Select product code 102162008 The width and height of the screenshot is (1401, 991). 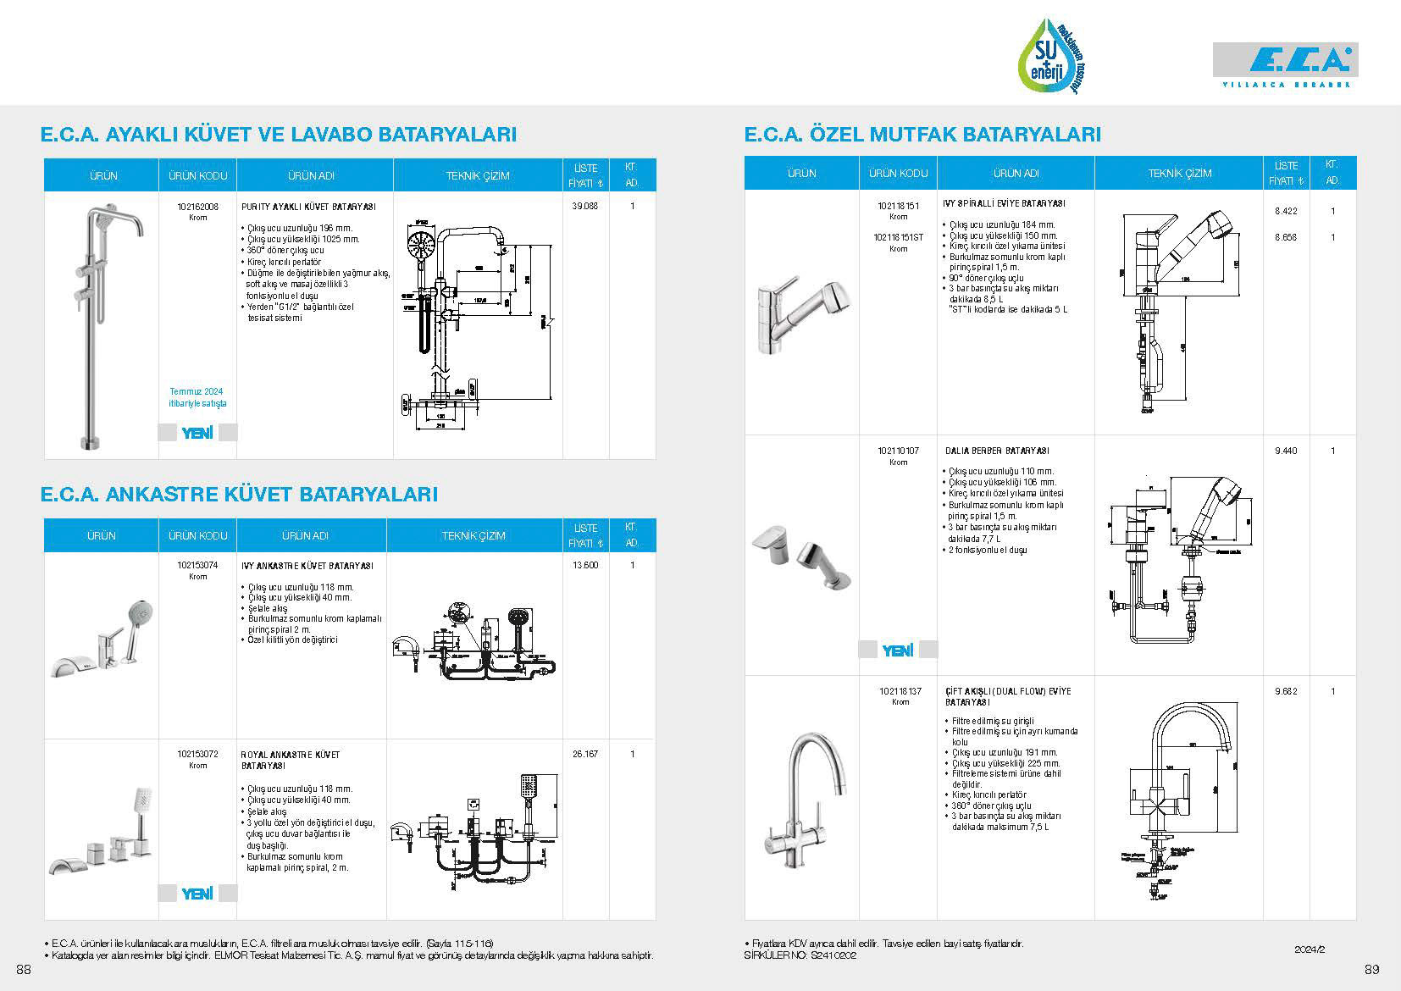pos(197,207)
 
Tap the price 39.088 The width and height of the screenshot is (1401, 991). pos(585,207)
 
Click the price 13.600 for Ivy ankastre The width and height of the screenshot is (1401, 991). pos(584,566)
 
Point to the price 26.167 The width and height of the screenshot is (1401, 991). pos(584,754)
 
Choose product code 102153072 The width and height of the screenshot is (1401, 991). pos(197,754)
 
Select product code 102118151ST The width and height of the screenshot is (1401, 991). pos(898,238)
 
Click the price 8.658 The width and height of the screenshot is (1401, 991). pos(1286,238)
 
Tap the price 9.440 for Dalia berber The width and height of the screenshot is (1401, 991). pos(1286,451)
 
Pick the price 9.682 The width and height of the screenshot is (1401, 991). pos(1286,692)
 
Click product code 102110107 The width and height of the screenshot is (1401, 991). pos(898,451)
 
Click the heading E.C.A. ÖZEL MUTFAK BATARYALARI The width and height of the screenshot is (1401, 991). pos(922,135)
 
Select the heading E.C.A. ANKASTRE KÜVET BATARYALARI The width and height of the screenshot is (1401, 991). pos(239,495)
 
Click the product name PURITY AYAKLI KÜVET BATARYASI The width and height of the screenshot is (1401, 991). pos(307,207)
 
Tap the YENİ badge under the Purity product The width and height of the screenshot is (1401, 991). pos(197,434)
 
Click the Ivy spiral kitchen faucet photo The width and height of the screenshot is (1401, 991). pos(800,313)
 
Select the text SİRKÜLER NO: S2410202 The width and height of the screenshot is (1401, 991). pos(800,955)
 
